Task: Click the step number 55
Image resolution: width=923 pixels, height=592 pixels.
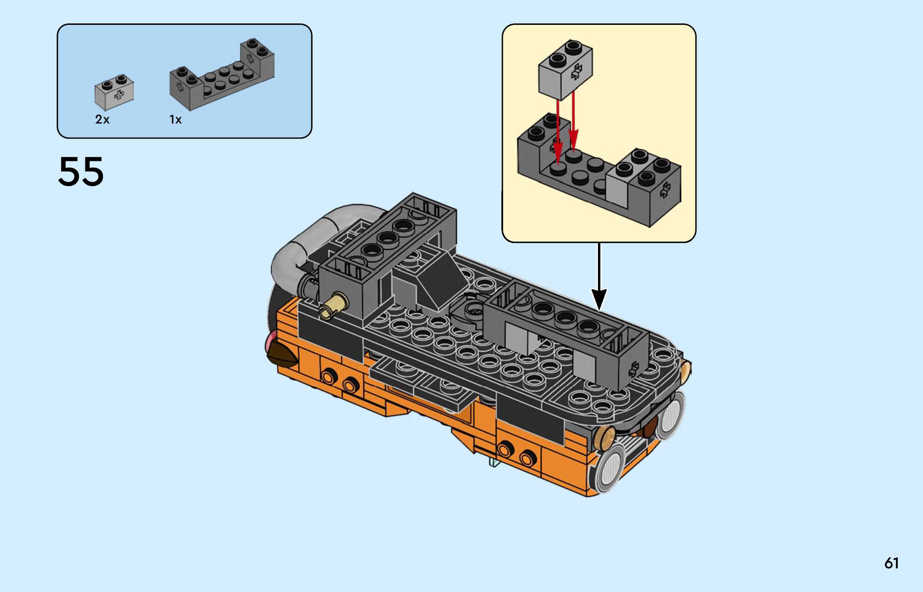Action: coord(81,172)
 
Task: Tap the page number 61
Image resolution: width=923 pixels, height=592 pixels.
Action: coord(891,564)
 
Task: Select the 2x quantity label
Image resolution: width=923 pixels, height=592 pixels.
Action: coord(102,120)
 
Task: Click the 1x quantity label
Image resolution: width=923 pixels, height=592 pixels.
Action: coord(176,120)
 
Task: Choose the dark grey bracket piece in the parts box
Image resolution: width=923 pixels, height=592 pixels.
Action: coord(222,76)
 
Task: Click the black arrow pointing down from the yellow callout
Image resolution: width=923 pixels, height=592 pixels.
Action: coord(599,281)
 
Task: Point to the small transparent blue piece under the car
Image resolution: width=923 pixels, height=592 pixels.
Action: coord(494,462)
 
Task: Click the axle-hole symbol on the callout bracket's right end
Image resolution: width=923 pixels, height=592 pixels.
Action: coord(664,190)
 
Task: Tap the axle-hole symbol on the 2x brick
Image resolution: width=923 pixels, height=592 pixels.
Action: coord(119,95)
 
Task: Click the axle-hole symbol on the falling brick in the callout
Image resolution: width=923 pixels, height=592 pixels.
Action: coord(577,71)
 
